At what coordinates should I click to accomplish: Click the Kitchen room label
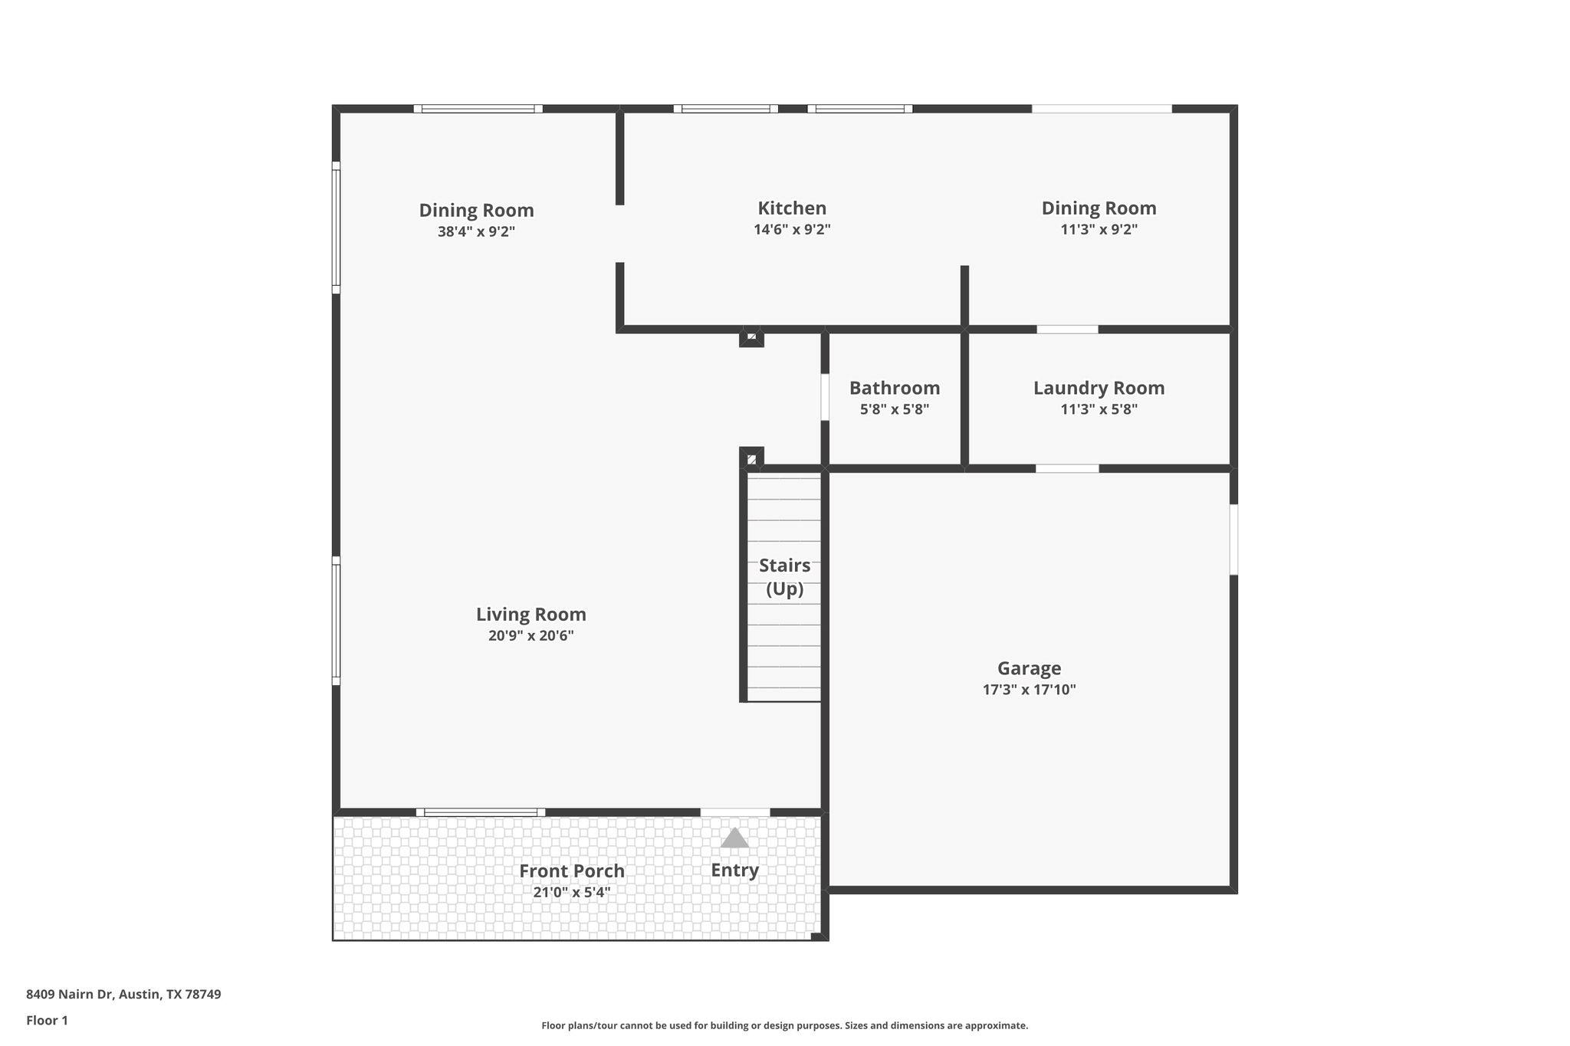pos(792,208)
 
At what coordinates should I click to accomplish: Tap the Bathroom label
pos(894,389)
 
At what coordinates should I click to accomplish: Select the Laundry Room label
pos(1099,389)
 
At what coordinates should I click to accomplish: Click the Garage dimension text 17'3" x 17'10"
pos(1029,690)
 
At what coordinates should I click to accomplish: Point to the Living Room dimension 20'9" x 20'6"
pos(530,636)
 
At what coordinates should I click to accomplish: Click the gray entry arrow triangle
pos(734,838)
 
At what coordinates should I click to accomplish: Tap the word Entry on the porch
pos(734,871)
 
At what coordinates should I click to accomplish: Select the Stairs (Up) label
pos(784,577)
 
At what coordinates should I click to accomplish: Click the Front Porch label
pos(571,871)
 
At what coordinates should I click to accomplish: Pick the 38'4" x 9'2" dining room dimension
pos(476,231)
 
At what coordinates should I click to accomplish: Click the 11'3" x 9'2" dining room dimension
pos(1099,229)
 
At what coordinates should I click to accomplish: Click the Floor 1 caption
pos(47,1021)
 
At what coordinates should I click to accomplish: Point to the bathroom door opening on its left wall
pos(825,397)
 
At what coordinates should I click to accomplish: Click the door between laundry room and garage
pos(1067,468)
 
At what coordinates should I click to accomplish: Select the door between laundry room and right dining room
pos(1067,330)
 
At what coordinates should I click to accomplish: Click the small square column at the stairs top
pos(751,458)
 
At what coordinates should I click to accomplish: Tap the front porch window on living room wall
pos(481,812)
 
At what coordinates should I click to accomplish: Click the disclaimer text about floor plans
pos(784,1025)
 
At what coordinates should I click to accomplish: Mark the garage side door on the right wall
pos(1233,539)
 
